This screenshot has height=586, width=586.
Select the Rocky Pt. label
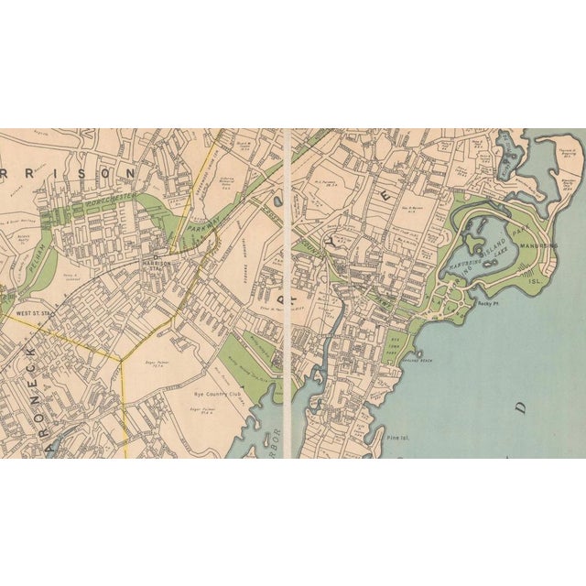486,300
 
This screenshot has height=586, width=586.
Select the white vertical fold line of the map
288,293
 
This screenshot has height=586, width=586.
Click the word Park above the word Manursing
529,223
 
